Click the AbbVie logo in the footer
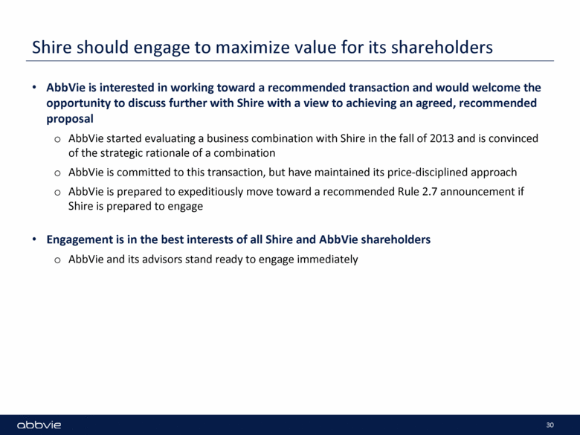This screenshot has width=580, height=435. pyautogui.click(x=39, y=425)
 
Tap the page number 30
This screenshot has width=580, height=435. pyautogui.click(x=550, y=425)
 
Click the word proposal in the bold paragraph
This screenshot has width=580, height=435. pyautogui.click(x=70, y=119)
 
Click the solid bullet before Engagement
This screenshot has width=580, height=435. pyautogui.click(x=34, y=239)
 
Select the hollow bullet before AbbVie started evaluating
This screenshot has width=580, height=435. pyautogui.click(x=57, y=140)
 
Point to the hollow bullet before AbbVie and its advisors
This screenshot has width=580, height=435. pyautogui.click(x=57, y=260)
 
